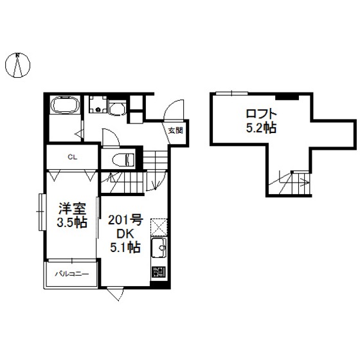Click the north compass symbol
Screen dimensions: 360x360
click(18, 65)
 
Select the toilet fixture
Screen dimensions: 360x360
click(123, 159)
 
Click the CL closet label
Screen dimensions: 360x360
click(72, 157)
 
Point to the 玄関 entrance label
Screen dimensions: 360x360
click(175, 131)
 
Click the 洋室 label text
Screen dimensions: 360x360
click(72, 208)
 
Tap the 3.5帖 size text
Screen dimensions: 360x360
click(72, 222)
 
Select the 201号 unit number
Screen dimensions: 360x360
click(125, 221)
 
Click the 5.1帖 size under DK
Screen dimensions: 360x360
click(125, 248)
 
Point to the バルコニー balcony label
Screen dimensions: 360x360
click(72, 274)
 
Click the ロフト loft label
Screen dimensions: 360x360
click(261, 114)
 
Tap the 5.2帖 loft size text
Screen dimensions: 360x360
click(261, 128)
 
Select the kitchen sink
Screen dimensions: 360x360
click(159, 248)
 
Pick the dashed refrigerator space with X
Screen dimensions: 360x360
click(159, 228)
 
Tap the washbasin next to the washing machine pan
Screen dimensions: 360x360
click(118, 109)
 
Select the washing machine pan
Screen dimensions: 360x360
click(98, 104)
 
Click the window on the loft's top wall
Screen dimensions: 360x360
click(232, 93)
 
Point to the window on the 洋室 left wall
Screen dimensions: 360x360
click(41, 212)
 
